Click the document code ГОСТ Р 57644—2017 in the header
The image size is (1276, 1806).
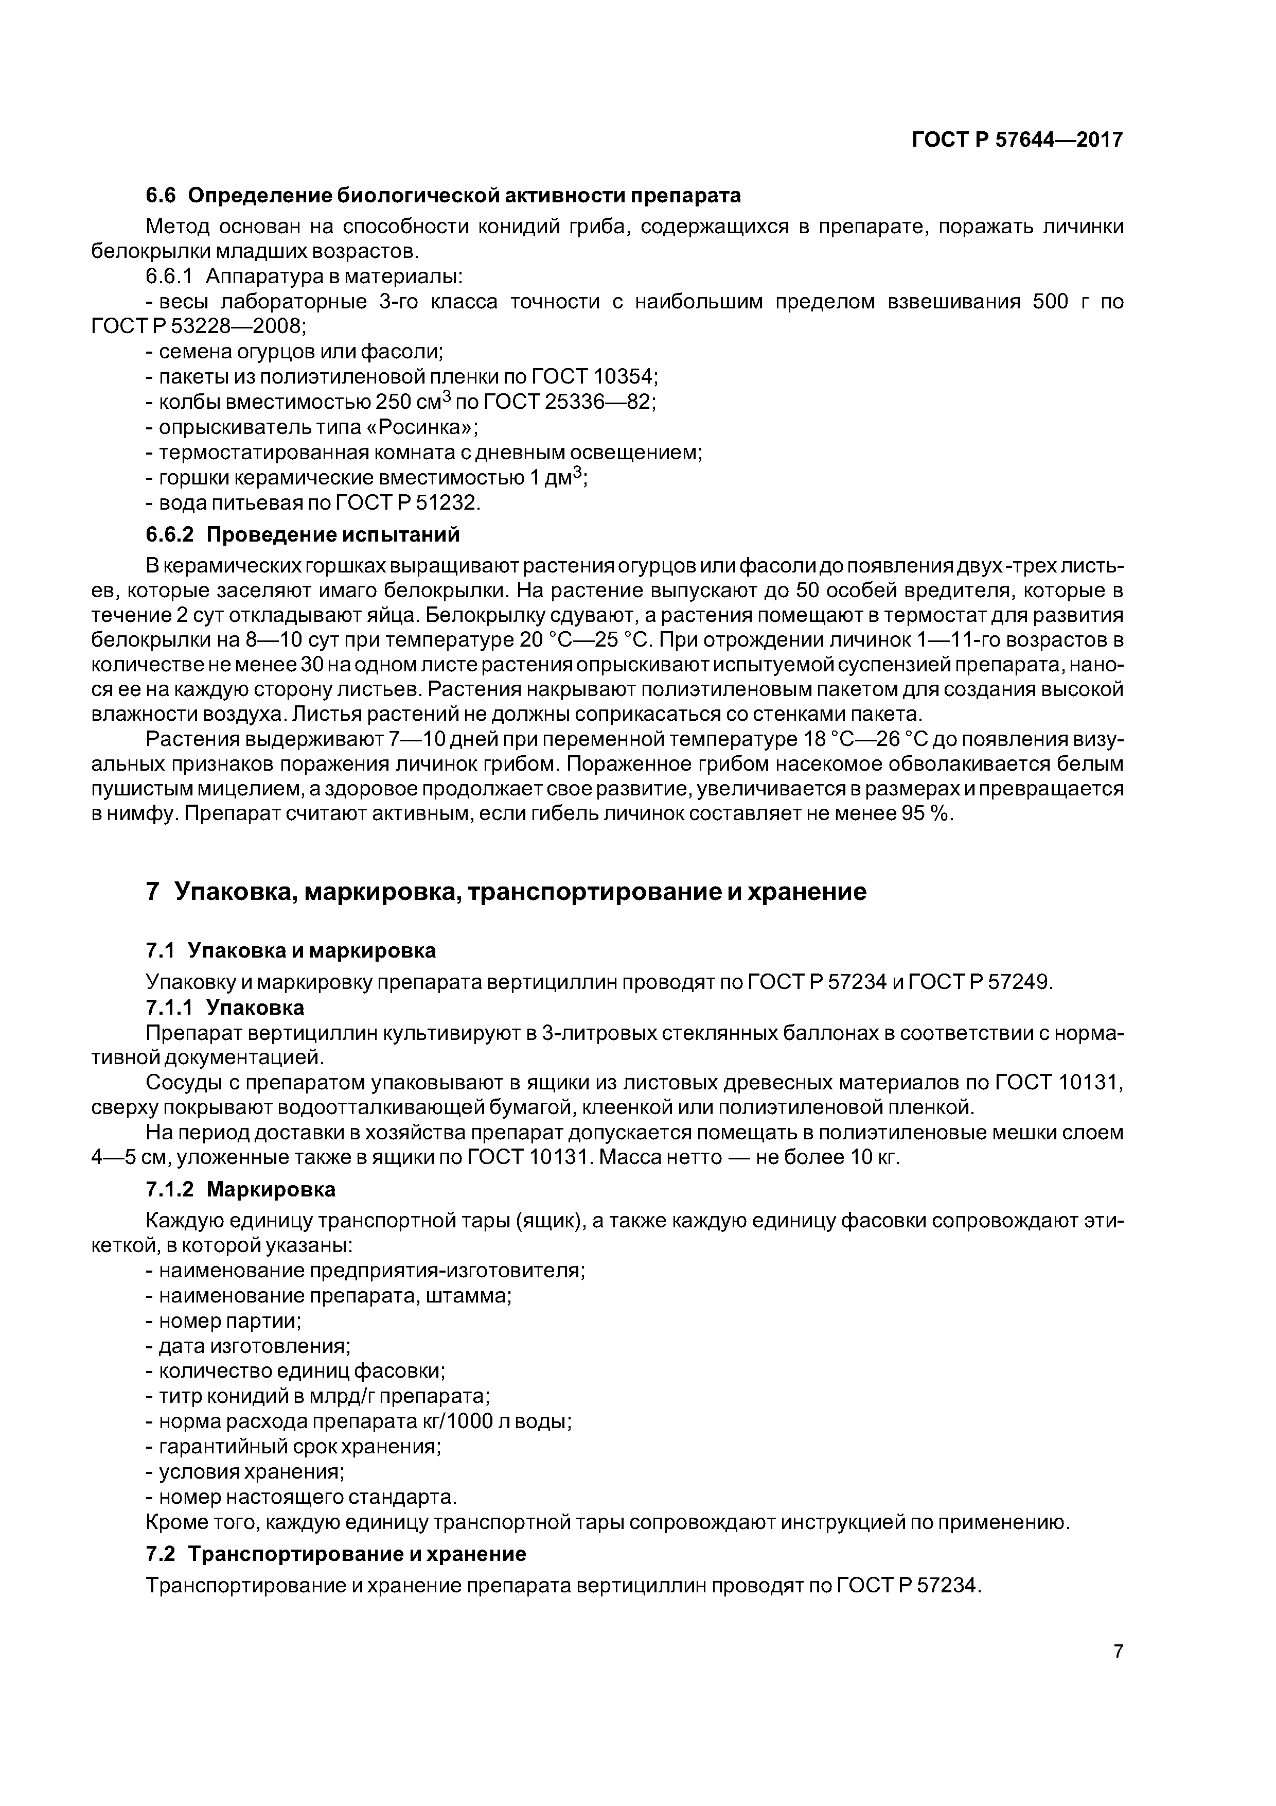[1017, 140]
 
